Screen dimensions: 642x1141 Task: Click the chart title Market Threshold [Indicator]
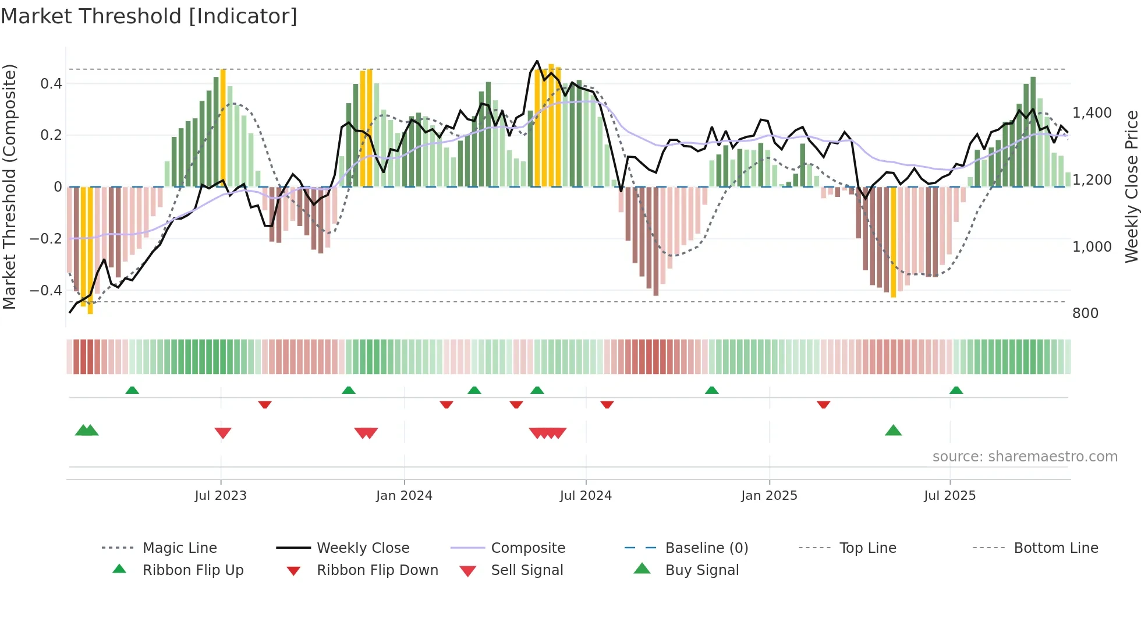[149, 16]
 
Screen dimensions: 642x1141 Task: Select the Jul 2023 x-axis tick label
[221, 496]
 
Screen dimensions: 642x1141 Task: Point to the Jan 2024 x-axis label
[404, 496]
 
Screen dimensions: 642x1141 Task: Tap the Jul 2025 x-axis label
[949, 496]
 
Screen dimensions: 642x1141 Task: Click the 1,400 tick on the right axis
[1092, 113]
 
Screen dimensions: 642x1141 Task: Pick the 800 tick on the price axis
[1085, 313]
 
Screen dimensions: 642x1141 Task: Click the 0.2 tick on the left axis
[51, 135]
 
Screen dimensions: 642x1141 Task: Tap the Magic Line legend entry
[179, 548]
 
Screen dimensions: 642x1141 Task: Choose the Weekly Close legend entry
[363, 548]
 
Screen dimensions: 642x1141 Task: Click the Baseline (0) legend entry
[706, 548]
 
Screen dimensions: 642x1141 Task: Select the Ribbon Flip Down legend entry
[377, 570]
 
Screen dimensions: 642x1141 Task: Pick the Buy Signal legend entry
[701, 570]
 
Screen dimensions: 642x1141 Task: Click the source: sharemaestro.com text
[1025, 457]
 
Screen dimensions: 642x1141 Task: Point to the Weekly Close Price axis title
[1131, 186]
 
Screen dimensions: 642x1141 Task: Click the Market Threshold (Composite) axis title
[9, 186]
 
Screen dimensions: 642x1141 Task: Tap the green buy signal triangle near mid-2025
[893, 431]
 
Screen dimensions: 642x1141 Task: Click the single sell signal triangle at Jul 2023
[223, 433]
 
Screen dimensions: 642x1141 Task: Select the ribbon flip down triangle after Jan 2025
[823, 404]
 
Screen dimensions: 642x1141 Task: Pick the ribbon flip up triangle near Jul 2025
[956, 390]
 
